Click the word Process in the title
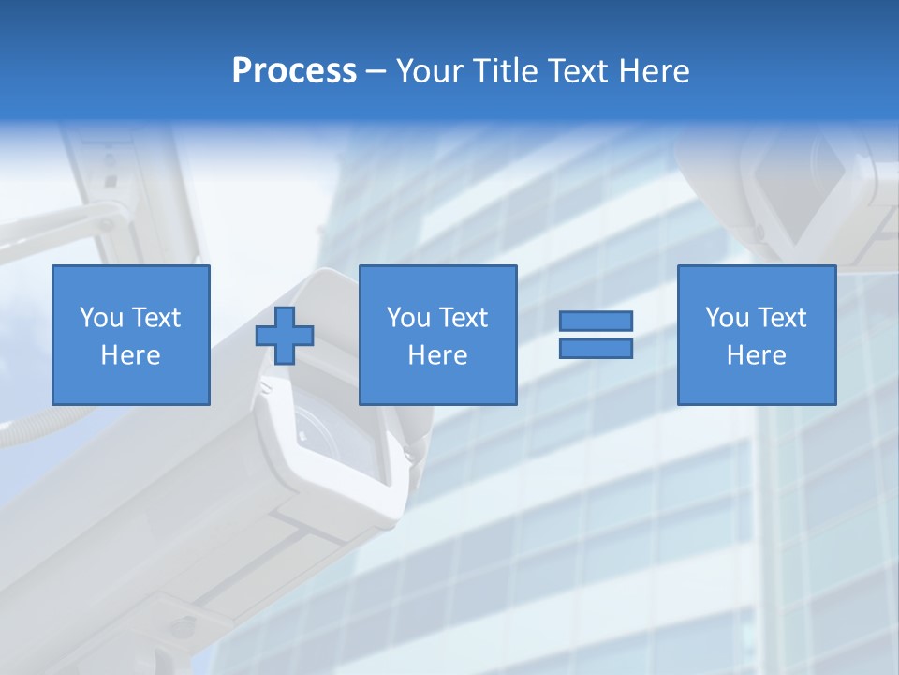[x=294, y=71]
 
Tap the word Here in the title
[x=654, y=71]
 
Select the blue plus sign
[x=285, y=336]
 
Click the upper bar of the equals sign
[x=596, y=321]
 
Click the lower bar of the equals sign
[x=596, y=348]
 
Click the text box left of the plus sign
[x=131, y=335]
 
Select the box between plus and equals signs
[x=437, y=335]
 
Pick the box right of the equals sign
[x=756, y=335]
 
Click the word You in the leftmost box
[x=100, y=318]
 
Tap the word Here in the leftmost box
[x=130, y=355]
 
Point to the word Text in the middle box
[x=464, y=318]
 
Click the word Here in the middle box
[x=437, y=355]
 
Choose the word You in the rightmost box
[x=727, y=318]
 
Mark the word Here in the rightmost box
[x=756, y=355]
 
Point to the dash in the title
[x=376, y=71]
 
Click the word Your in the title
[x=431, y=71]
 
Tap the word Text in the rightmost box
[x=782, y=318]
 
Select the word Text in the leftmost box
[x=156, y=318]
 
